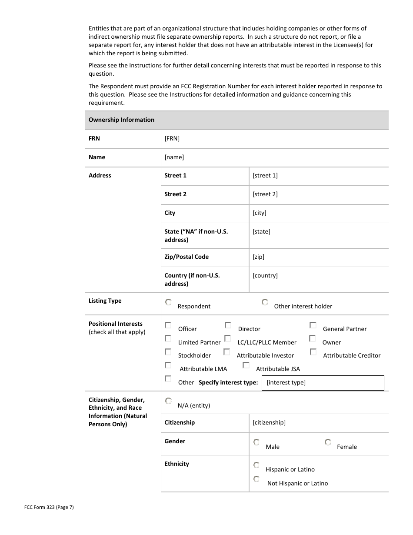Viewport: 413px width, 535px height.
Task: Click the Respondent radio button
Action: (168, 302)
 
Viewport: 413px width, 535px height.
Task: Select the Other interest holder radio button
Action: (265, 302)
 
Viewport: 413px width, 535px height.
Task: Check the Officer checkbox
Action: (168, 325)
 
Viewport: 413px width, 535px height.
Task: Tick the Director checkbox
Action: (228, 325)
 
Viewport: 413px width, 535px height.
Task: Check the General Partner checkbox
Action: (313, 325)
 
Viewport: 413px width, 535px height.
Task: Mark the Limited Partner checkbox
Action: (168, 338)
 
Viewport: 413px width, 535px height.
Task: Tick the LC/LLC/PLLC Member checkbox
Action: (227, 338)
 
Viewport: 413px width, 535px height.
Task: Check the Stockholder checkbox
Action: (168, 352)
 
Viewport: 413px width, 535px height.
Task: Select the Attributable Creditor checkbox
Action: (313, 352)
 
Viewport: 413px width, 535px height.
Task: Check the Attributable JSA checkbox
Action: (246, 365)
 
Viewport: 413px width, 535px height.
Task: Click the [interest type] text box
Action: (323, 383)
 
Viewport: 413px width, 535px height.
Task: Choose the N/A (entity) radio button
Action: (168, 401)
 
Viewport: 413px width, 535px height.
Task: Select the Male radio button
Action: (256, 442)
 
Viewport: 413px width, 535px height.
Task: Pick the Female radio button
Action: (328, 442)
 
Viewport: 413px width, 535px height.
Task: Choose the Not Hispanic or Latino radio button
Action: (256, 479)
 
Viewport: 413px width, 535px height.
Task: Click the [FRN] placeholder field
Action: (172, 139)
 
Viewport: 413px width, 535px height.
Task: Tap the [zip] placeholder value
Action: (258, 257)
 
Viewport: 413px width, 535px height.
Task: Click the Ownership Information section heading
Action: (121, 120)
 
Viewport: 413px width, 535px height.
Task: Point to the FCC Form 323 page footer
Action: (49, 507)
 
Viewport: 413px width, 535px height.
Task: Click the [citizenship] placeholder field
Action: (269, 423)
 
